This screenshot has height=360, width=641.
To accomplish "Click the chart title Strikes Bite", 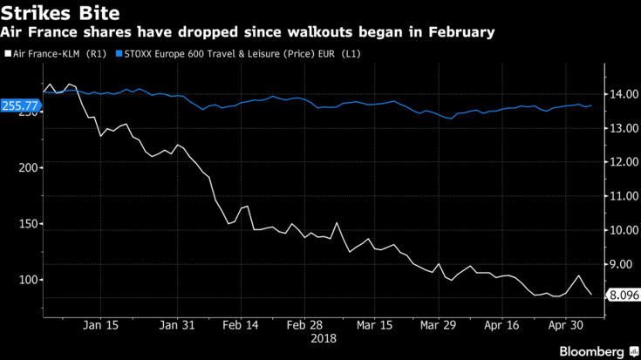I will tap(60, 13).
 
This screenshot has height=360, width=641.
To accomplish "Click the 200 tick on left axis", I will tap(29, 166).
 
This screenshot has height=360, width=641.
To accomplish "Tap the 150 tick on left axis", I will tap(29, 223).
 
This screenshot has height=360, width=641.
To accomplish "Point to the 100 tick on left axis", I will tap(29, 280).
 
